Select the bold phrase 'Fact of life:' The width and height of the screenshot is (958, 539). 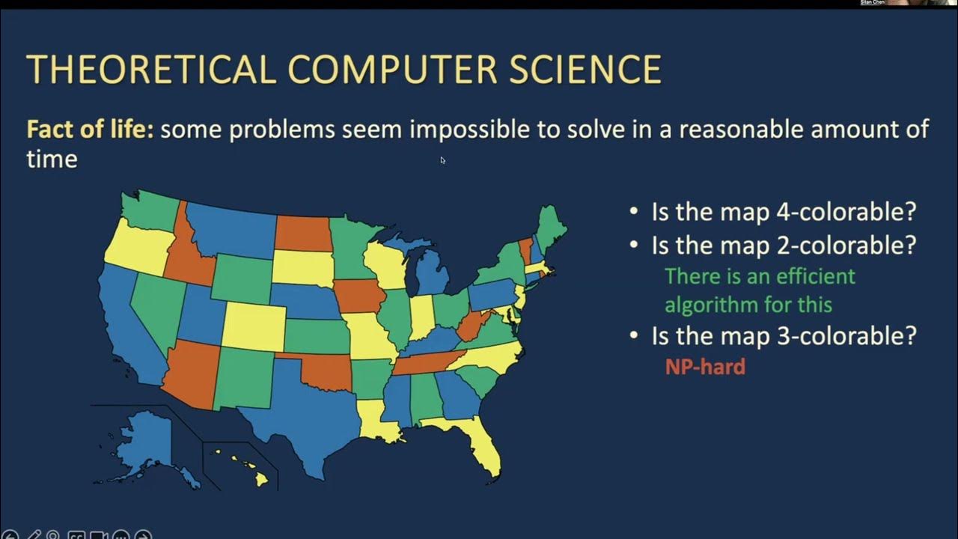pos(90,130)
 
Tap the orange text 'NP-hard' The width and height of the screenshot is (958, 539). pos(705,366)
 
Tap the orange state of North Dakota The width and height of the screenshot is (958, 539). pos(303,233)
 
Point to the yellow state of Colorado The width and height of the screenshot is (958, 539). pos(254,326)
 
